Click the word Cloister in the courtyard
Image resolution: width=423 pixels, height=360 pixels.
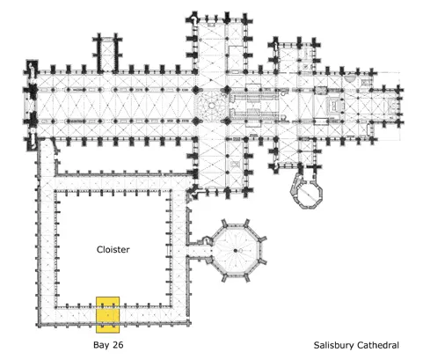coord(113,250)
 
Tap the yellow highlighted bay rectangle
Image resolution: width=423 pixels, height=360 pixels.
coord(108,315)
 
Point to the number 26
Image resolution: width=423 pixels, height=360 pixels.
coord(118,345)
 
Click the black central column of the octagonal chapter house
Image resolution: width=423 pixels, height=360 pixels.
coord(235,251)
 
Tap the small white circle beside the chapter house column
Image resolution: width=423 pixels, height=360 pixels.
coord(240,251)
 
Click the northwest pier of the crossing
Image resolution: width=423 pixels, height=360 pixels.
coord(196,90)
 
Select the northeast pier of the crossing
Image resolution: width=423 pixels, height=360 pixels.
coord(227,90)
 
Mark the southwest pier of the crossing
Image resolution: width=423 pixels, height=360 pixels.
coord(196,121)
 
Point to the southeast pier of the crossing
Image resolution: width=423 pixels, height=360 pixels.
coord(227,121)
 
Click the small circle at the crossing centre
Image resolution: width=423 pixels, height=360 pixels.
coord(211,106)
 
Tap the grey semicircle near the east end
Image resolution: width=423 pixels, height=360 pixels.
coord(349,78)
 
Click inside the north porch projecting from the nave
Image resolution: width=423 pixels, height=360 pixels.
coord(107,55)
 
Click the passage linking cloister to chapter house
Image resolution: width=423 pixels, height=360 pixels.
coord(199,251)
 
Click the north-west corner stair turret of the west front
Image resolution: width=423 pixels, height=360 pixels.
coord(32,68)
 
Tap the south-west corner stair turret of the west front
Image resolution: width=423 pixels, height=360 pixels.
coord(32,143)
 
